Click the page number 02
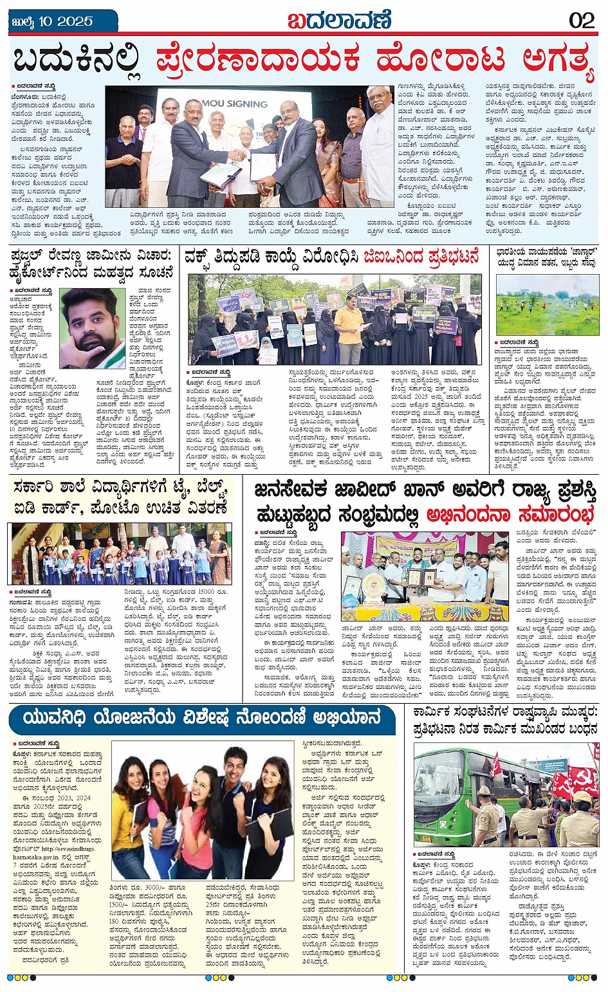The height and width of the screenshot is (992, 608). click(x=582, y=20)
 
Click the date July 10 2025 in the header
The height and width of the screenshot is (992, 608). click(x=53, y=21)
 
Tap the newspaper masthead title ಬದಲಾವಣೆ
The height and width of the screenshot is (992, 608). click(x=339, y=20)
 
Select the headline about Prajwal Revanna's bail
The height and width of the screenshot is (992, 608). click(x=92, y=264)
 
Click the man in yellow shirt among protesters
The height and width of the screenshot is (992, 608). click(x=349, y=328)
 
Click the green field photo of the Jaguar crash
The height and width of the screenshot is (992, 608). click(x=547, y=305)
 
